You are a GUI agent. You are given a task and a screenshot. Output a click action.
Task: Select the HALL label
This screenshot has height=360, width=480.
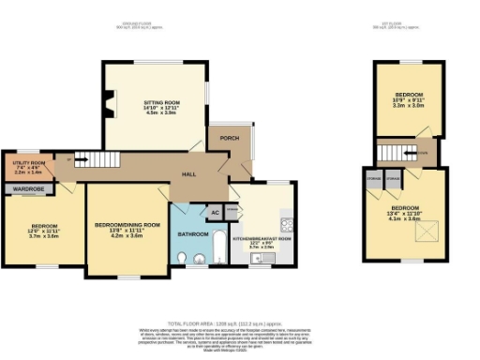(188, 175)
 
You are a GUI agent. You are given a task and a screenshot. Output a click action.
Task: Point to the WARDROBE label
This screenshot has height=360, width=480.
(27, 188)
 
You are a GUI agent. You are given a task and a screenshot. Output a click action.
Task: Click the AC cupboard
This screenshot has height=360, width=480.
(215, 212)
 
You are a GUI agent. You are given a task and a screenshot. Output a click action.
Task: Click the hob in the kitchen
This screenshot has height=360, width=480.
(290, 224)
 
